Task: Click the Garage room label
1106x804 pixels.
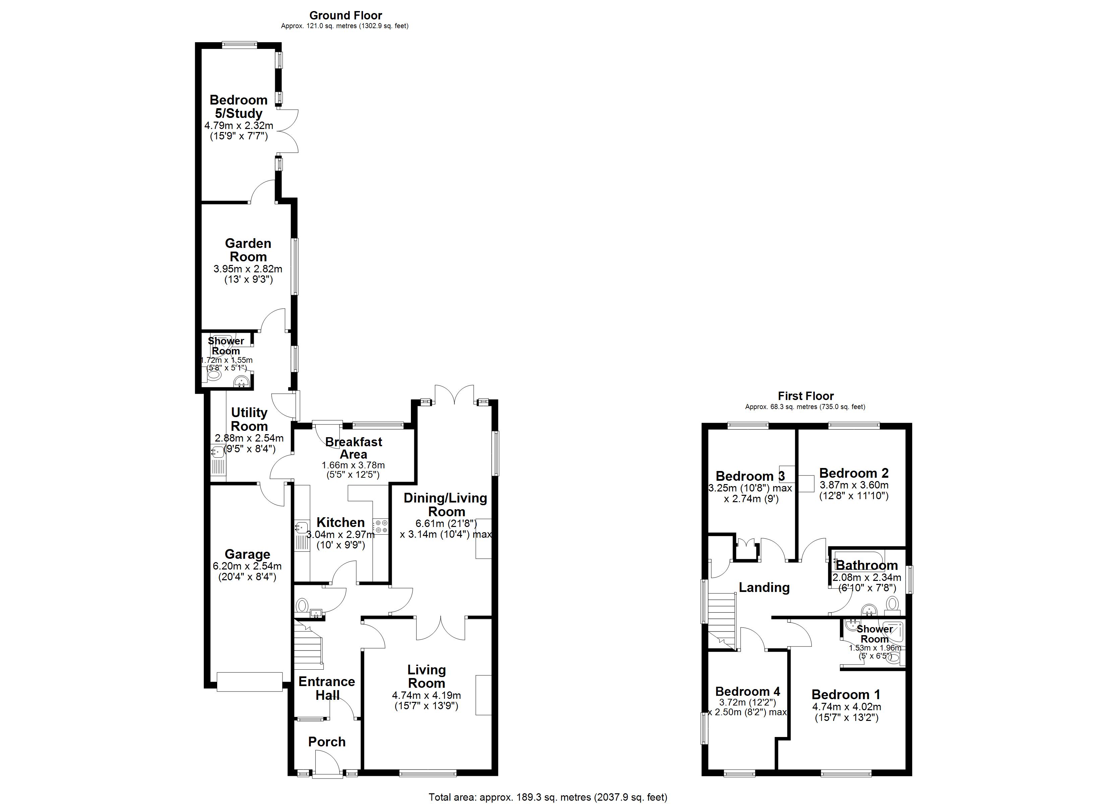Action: coord(247,554)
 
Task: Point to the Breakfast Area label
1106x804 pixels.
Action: coord(354,448)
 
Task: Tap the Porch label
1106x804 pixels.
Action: coord(327,742)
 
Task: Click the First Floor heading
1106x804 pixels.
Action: coord(806,396)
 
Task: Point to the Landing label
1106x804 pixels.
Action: coord(764,588)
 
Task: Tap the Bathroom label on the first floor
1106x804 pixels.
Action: coord(867,565)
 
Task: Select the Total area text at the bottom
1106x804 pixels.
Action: coord(548,797)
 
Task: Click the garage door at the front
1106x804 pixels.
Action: coord(250,682)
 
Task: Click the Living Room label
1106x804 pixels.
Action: coord(426,676)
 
